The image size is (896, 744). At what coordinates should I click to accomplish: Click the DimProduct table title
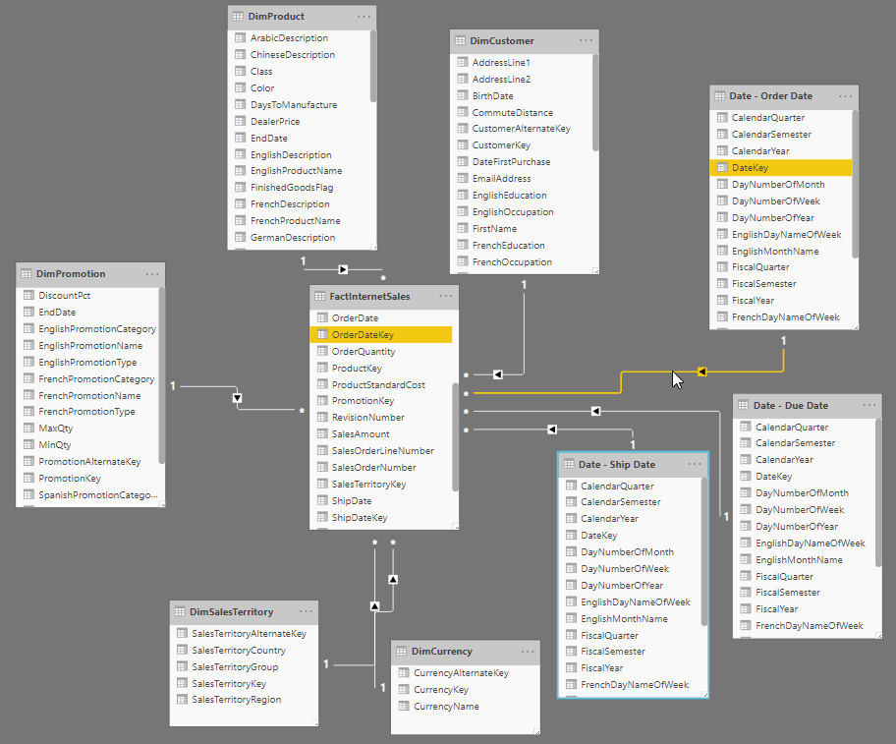click(x=276, y=17)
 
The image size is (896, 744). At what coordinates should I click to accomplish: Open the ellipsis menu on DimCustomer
click(x=586, y=40)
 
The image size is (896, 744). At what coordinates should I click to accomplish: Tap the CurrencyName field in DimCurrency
click(x=446, y=707)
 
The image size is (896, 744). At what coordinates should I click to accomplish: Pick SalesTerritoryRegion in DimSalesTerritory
click(x=237, y=700)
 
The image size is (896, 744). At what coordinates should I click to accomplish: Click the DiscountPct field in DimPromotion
click(x=65, y=296)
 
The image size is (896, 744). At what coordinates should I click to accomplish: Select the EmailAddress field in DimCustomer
click(x=501, y=178)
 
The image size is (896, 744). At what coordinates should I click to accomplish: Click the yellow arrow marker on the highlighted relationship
click(x=701, y=372)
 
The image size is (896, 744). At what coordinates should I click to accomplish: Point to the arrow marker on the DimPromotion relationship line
click(x=237, y=398)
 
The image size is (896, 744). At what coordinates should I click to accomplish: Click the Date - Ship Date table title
click(x=617, y=465)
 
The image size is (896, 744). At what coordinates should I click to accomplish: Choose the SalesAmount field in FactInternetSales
click(x=361, y=434)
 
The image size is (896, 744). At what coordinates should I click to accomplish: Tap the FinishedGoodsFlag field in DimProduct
click(x=292, y=188)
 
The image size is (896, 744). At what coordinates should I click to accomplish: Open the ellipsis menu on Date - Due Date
click(x=869, y=405)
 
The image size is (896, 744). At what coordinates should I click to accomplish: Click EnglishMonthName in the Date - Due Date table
click(x=799, y=560)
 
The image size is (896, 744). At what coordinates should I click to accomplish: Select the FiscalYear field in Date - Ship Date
click(x=601, y=668)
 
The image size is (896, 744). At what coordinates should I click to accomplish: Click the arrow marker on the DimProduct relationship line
click(x=343, y=269)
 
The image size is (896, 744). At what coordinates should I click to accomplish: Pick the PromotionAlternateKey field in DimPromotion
click(x=89, y=462)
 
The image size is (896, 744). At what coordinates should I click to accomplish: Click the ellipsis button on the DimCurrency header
click(x=528, y=652)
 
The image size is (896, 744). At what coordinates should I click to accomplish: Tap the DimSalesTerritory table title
click(x=232, y=612)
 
